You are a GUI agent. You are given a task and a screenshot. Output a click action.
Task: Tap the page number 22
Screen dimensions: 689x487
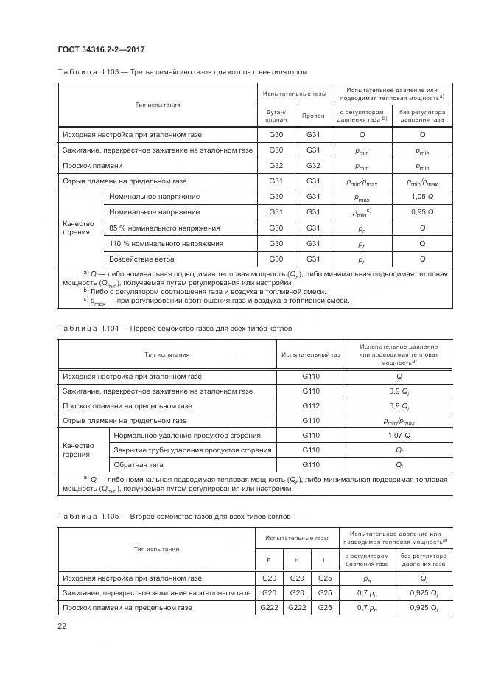(62, 626)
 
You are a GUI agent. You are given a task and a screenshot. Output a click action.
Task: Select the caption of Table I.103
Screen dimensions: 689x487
(182, 72)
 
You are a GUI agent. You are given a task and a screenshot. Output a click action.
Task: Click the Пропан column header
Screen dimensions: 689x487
(313, 116)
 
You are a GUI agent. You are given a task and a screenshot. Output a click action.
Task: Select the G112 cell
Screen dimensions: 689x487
(311, 406)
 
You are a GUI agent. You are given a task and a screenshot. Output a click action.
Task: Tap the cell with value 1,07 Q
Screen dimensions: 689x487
(399, 436)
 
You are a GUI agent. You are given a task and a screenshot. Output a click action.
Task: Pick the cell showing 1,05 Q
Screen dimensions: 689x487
(422, 197)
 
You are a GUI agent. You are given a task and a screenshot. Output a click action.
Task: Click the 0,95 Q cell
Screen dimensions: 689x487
(422, 212)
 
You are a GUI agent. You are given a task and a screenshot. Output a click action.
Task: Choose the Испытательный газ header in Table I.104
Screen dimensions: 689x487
(311, 354)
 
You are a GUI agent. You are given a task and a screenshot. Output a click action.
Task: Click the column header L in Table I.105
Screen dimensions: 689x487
(325, 560)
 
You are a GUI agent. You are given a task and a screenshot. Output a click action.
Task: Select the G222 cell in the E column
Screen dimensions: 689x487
(268, 607)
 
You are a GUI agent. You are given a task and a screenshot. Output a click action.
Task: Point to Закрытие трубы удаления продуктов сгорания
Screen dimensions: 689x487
(192, 450)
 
